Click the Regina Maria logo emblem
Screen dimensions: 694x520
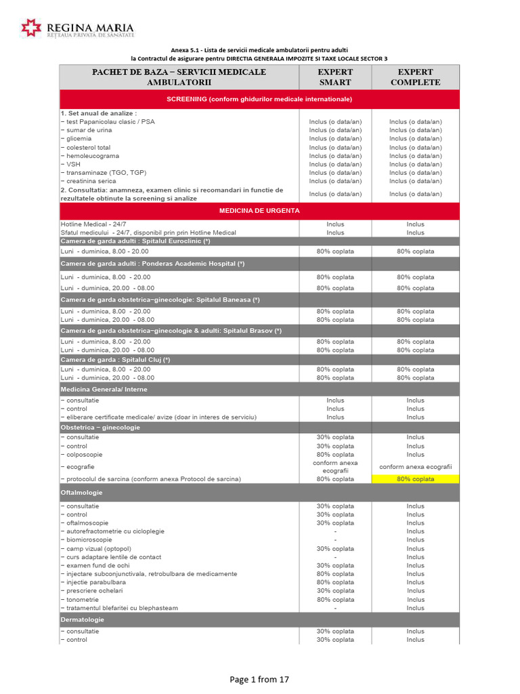pos(30,28)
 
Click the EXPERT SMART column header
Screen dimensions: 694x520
pos(335,77)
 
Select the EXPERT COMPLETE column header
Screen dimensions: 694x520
pos(415,77)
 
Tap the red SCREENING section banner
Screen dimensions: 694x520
pos(259,99)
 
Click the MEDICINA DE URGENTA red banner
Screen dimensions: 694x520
pos(259,210)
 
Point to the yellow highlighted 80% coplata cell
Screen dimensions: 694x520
pos(415,479)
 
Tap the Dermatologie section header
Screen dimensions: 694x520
pos(83,619)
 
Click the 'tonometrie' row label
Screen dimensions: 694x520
pos(81,600)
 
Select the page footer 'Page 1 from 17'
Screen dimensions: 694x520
pos(259,680)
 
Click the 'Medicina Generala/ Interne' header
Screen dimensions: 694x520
pos(104,390)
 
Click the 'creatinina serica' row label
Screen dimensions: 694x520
pos(89,181)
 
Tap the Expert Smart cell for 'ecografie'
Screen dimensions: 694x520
pos(335,467)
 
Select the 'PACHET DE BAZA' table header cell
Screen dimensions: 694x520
pos(179,77)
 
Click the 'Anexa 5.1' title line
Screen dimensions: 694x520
pos(259,50)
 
